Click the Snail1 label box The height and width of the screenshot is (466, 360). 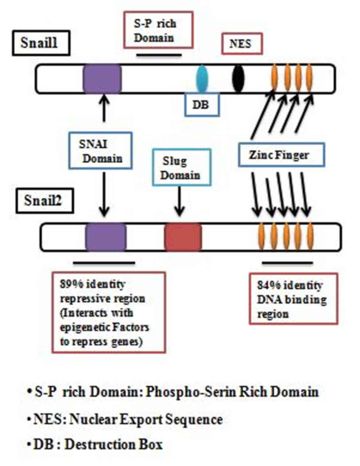point(41,43)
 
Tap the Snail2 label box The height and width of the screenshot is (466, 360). point(45,201)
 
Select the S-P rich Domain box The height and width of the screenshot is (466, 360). point(158,30)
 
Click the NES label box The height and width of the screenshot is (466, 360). point(241,44)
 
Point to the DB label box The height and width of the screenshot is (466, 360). point(202,105)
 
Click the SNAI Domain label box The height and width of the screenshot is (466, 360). point(100,150)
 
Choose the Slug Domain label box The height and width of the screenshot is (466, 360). point(181,167)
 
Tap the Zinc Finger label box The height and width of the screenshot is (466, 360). point(281,155)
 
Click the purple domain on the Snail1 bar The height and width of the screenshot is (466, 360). point(102,78)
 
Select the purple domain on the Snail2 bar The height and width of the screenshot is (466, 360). point(105,237)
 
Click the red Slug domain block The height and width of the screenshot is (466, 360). point(183,237)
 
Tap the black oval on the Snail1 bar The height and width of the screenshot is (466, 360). point(238,78)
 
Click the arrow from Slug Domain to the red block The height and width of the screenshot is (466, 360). point(180,201)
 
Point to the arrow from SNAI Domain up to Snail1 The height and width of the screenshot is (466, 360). point(104,108)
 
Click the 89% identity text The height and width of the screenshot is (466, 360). point(93,284)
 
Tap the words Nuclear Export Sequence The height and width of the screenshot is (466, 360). point(146,419)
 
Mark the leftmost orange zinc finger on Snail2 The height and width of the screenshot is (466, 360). point(261,237)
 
